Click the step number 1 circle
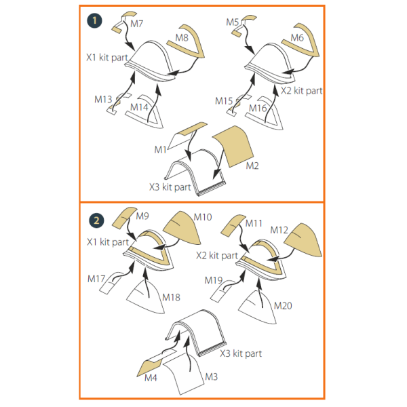pyautogui.click(x=94, y=20)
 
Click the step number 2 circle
pyautogui.click(x=96, y=220)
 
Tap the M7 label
pyautogui.click(x=137, y=24)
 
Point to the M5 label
pyautogui.click(x=232, y=22)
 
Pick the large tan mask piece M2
pyautogui.click(x=233, y=146)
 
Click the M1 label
pyautogui.click(x=160, y=149)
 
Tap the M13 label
pyautogui.click(x=103, y=99)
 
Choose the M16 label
pyautogui.click(x=258, y=108)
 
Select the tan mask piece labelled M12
pyautogui.click(x=303, y=240)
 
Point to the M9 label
pyautogui.click(x=142, y=216)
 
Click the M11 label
pyautogui.click(x=254, y=223)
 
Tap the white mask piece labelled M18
pyautogui.click(x=146, y=296)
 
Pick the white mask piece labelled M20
pyautogui.click(x=258, y=307)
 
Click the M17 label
pyautogui.click(x=96, y=279)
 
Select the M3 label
pyautogui.click(x=211, y=377)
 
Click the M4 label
pyautogui.click(x=151, y=378)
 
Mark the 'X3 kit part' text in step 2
pyautogui.click(x=241, y=353)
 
